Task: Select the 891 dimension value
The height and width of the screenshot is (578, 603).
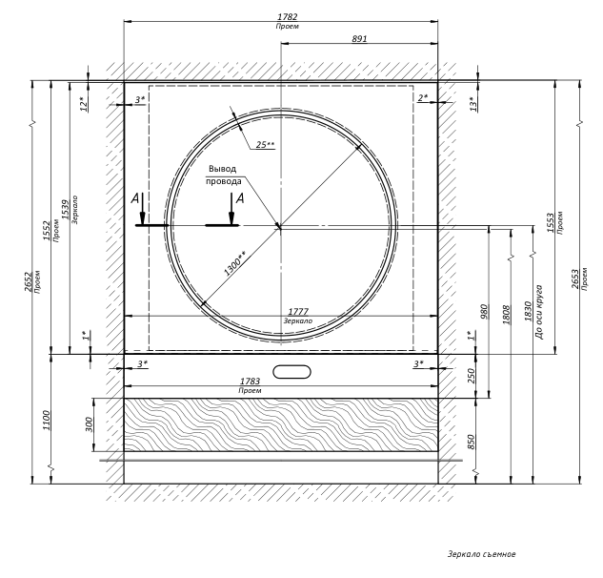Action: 359,39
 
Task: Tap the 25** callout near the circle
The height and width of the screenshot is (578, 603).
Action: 265,145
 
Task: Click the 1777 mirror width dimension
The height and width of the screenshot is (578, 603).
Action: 298,311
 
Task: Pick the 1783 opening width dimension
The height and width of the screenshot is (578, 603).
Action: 251,382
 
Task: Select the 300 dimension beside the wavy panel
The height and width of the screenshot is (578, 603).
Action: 89,424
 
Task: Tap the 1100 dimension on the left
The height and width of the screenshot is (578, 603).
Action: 45,419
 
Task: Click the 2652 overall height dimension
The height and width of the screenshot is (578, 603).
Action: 28,282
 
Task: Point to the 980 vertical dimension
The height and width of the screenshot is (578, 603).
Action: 484,312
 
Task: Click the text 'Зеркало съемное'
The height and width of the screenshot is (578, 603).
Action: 481,553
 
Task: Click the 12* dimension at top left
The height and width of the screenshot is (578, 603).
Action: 83,103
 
